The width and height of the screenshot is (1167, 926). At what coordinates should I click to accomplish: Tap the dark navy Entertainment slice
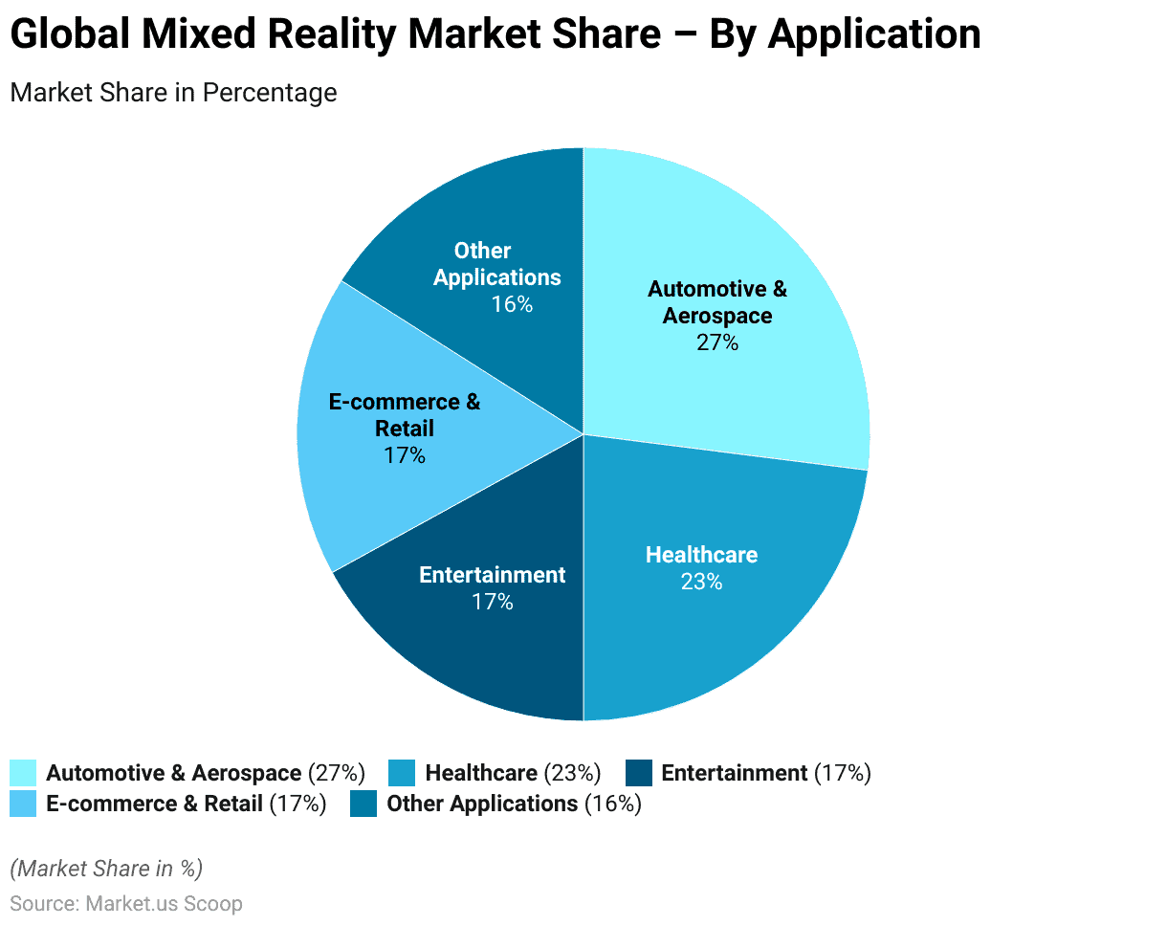pyautogui.click(x=478, y=650)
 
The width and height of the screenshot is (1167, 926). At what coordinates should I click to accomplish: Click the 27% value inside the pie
pyautogui.click(x=717, y=342)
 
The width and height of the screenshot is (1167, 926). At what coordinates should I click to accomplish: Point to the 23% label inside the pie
pyautogui.click(x=701, y=582)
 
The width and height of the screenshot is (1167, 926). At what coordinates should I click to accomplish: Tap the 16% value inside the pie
pyautogui.click(x=512, y=304)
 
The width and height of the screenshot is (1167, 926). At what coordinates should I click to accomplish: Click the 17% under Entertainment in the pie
pyautogui.click(x=493, y=602)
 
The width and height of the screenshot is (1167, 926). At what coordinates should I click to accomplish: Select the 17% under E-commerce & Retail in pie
pyautogui.click(x=405, y=455)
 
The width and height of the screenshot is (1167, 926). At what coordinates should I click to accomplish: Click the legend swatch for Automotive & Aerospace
pyautogui.click(x=23, y=773)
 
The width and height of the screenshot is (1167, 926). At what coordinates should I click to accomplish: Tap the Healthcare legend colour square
pyautogui.click(x=402, y=773)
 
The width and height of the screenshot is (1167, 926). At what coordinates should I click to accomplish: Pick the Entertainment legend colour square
pyautogui.click(x=638, y=773)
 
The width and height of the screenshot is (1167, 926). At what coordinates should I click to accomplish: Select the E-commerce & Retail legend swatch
pyautogui.click(x=23, y=804)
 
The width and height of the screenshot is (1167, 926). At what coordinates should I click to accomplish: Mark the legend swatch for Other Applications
pyautogui.click(x=363, y=804)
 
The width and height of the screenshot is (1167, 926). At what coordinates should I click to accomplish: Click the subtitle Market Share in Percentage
pyautogui.click(x=173, y=93)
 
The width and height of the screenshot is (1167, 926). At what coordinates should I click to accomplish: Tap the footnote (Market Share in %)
pyautogui.click(x=106, y=869)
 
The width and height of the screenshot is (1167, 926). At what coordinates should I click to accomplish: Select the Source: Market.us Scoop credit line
pyautogui.click(x=126, y=903)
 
